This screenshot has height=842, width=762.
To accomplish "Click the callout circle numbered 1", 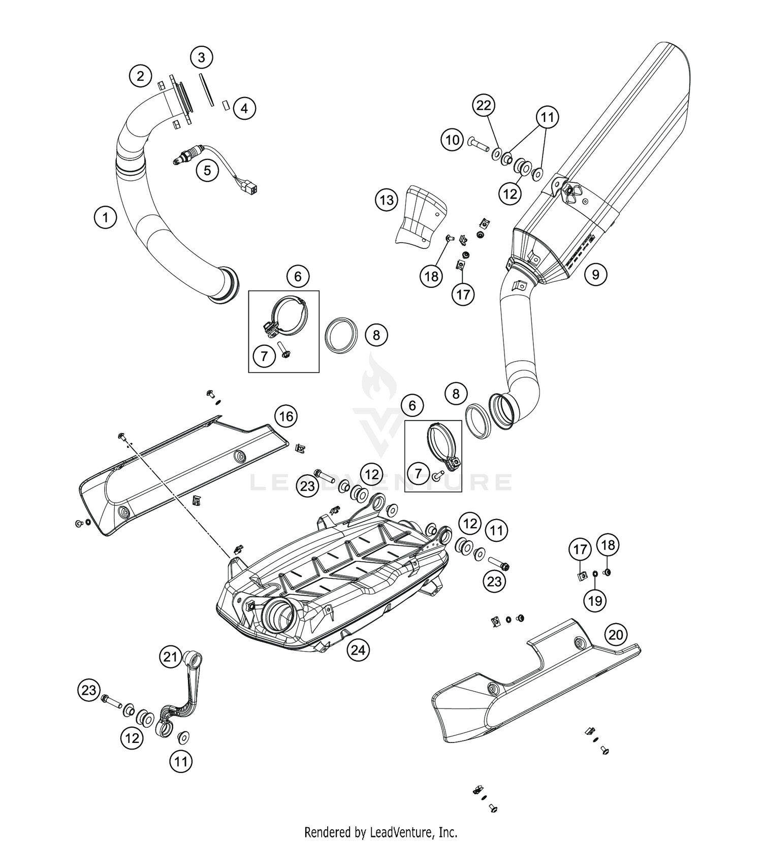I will tap(105, 218).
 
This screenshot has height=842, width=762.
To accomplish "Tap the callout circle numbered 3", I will tap(202, 57).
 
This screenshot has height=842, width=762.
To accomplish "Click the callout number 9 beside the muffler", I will tap(595, 275).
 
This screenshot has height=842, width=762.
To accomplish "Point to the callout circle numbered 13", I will tap(387, 200).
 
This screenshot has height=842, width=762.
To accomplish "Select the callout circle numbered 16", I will tap(286, 416).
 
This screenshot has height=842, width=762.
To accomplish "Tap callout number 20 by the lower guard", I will tap(616, 635).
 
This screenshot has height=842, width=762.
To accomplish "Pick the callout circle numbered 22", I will tap(484, 105).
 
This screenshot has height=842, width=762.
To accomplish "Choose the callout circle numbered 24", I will tap(359, 650).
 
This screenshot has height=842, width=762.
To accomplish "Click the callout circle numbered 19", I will tap(595, 601).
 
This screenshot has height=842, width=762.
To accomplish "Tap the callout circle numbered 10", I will tap(452, 139).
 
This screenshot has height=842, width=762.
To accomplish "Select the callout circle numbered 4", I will tap(244, 108).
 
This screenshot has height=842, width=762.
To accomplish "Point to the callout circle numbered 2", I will tap(140, 76).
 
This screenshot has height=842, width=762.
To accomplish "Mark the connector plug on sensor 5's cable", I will tap(250, 187).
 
